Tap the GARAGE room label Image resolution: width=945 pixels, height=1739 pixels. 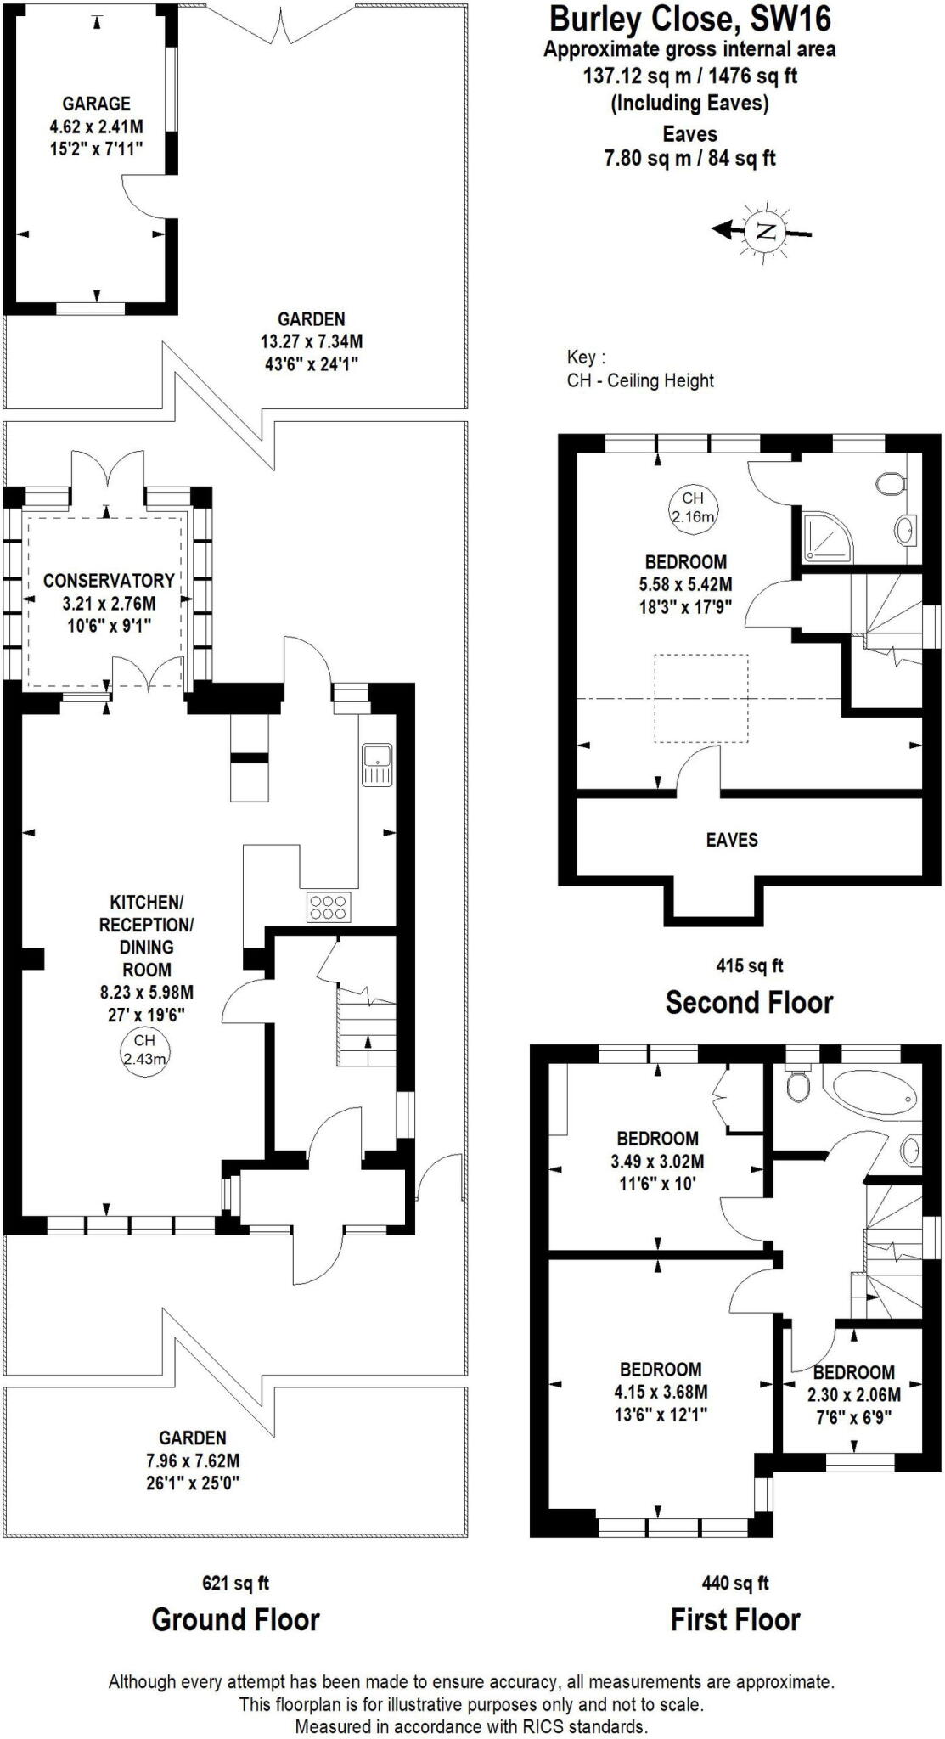[96, 104]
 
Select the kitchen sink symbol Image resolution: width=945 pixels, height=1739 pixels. [376, 764]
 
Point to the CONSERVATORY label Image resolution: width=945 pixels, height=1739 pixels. [109, 581]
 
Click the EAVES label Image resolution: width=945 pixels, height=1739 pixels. [731, 840]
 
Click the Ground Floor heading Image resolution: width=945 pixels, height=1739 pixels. [235, 1619]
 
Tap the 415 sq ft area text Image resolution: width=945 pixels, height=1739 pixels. [749, 965]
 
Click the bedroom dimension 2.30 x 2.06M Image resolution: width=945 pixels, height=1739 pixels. [853, 1394]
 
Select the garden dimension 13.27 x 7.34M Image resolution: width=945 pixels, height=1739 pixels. [311, 342]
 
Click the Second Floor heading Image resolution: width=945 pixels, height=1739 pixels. [749, 1002]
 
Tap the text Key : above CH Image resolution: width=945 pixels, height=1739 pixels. [586, 357]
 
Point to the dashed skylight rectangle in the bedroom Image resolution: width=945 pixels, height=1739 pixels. [701, 697]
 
